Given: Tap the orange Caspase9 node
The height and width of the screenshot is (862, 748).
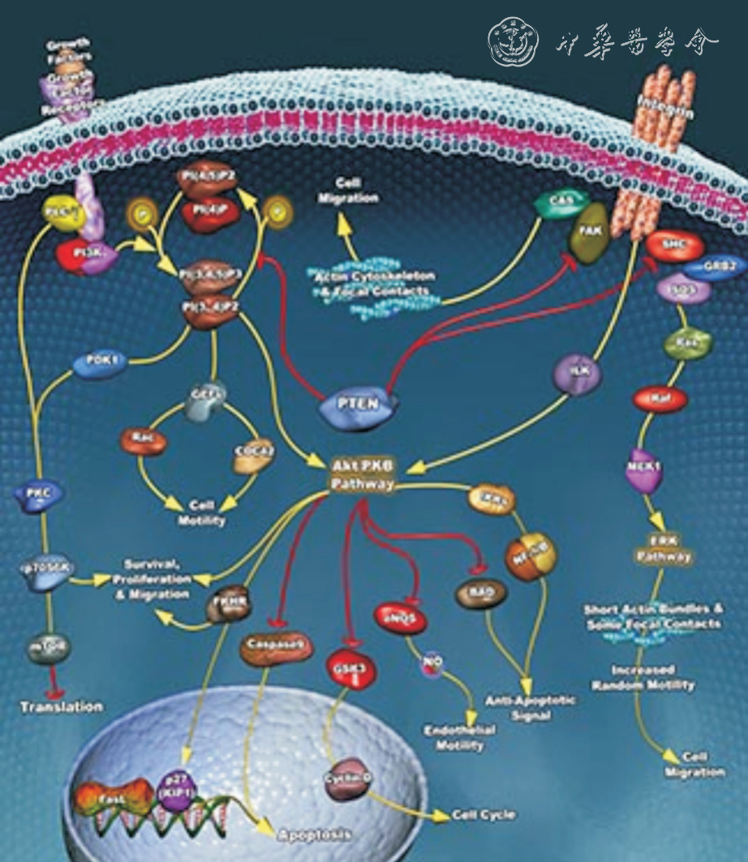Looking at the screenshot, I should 276,647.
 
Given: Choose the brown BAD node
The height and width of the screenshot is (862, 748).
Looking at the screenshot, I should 480,593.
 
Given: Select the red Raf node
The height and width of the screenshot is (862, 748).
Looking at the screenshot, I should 661,398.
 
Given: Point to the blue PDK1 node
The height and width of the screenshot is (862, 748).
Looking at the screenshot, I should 99,364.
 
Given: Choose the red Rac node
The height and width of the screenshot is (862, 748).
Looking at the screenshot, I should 143,441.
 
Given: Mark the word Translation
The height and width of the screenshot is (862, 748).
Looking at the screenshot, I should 62,707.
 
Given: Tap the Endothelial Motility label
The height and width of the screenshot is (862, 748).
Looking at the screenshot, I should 460,737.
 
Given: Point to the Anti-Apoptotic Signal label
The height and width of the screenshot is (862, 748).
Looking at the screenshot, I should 518,707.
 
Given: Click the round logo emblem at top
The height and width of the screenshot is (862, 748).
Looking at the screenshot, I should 513,41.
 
